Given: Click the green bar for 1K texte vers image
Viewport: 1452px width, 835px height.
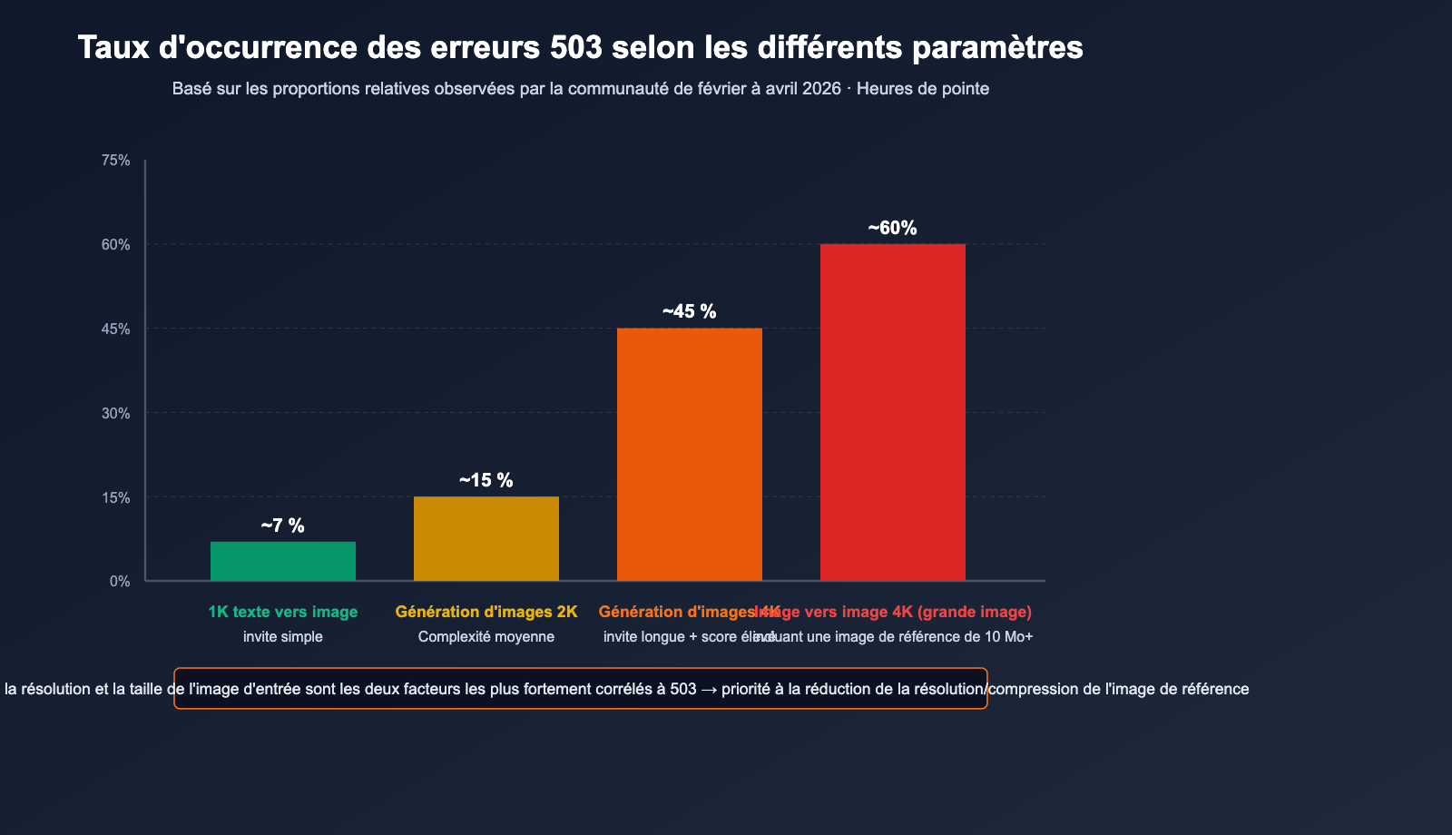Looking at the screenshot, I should [x=283, y=561].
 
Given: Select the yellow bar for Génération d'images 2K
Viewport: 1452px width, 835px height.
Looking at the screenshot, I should [x=486, y=538].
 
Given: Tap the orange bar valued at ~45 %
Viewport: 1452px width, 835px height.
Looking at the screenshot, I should [x=690, y=454].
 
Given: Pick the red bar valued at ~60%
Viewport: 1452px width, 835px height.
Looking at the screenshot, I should [x=893, y=412].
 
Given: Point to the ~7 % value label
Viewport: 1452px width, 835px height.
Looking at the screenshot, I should [x=283, y=526].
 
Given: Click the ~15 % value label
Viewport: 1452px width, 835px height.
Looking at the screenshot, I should [x=486, y=480].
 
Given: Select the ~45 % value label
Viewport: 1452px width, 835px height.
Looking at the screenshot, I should [x=690, y=311].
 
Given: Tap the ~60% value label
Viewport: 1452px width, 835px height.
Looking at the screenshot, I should [x=893, y=228].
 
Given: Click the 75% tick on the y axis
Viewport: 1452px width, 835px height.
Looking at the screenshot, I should [x=116, y=161].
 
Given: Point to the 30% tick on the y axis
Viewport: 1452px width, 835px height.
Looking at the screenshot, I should [x=116, y=413].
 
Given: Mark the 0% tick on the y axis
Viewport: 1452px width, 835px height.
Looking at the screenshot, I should [x=120, y=581].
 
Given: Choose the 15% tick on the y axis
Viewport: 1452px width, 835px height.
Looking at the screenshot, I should [x=116, y=497].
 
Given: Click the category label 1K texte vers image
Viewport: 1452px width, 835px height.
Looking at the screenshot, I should [x=283, y=612].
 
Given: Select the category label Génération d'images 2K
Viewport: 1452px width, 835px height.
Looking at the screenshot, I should [x=486, y=612].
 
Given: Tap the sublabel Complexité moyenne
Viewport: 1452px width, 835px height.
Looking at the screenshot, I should [x=486, y=637].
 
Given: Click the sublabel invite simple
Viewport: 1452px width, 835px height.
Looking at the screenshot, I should [x=283, y=637].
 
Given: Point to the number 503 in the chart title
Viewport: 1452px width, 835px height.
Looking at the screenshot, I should [x=576, y=47].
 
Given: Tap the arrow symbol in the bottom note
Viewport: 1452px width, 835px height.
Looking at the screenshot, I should [x=709, y=689].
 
